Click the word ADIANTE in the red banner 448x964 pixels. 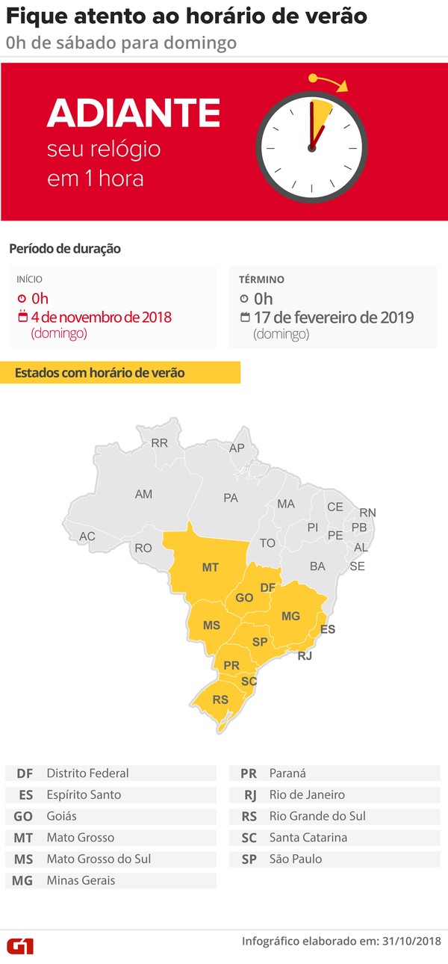coord(133,113)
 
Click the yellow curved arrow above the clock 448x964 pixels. coord(329,81)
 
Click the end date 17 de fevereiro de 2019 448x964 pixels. coord(333,317)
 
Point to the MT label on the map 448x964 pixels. coord(211,567)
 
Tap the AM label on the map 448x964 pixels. coord(143,494)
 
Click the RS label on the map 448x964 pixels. coord(221,700)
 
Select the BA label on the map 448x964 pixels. coord(317,566)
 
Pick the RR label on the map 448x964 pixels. coord(159,443)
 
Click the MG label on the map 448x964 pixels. coord(290,616)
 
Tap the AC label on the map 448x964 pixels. coord(87,537)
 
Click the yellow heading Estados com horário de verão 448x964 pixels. coord(101,372)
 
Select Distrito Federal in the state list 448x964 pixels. coord(87,773)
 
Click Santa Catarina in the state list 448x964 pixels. coord(308,838)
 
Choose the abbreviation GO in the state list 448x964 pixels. coord(23,816)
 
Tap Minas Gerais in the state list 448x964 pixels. coord(81,880)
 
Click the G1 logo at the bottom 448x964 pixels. coord(20,945)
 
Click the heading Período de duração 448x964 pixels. coord(64,248)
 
